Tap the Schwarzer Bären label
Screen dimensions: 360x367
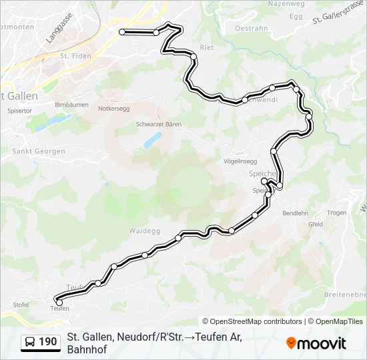[158, 124]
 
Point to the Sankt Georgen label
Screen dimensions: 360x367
[39, 151]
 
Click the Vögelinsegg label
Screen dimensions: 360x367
[240, 161]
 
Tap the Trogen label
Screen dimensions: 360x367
[336, 213]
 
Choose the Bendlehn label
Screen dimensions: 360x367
[295, 213]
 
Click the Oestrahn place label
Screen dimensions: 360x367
[252, 28]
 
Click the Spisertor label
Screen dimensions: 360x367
[19, 111]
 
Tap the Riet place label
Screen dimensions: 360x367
[207, 48]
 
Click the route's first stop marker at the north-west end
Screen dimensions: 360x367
[122, 32]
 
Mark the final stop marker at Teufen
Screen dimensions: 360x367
[59, 303]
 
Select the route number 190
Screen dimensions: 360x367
[48, 343]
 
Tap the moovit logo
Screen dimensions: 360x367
[316, 343]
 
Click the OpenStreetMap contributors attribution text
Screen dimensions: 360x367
[252, 321]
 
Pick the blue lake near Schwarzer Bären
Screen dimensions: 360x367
[153, 139]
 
